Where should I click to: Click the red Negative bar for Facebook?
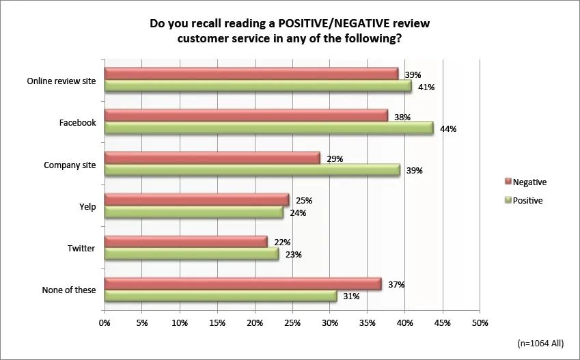(x=246, y=115)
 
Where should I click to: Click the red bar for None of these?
(x=243, y=283)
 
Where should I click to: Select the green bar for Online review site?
(x=258, y=86)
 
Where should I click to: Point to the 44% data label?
(x=447, y=129)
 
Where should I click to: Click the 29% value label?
(x=334, y=158)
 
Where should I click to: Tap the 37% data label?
(x=396, y=284)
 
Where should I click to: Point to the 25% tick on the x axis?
(x=292, y=322)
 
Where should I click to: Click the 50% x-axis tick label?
(x=480, y=322)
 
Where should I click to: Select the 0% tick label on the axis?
(x=105, y=322)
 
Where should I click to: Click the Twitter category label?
(x=81, y=248)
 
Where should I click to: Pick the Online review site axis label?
(x=61, y=81)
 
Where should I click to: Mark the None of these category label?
(x=68, y=290)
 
